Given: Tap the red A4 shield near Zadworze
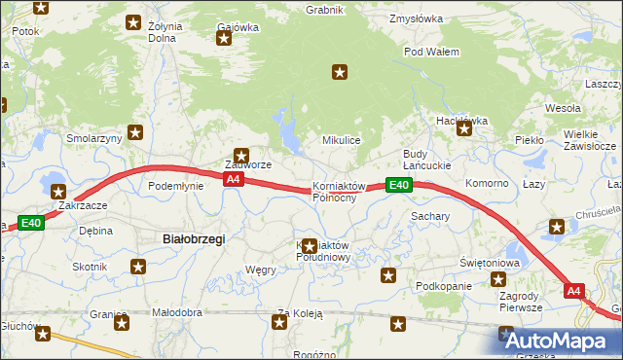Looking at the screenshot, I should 233,180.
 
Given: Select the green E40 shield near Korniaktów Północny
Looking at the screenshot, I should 397,185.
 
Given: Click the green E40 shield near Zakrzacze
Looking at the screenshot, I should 30,223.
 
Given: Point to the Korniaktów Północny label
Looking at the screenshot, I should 339,192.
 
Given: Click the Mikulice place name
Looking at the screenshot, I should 342,140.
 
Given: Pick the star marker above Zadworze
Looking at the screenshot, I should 240,153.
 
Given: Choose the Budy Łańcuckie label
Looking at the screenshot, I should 429,161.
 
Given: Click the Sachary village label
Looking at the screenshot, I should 429,215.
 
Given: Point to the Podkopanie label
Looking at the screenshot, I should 443,286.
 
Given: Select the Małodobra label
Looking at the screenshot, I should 177,312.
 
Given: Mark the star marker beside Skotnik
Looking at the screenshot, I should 139,266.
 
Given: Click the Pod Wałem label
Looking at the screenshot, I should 431,51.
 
